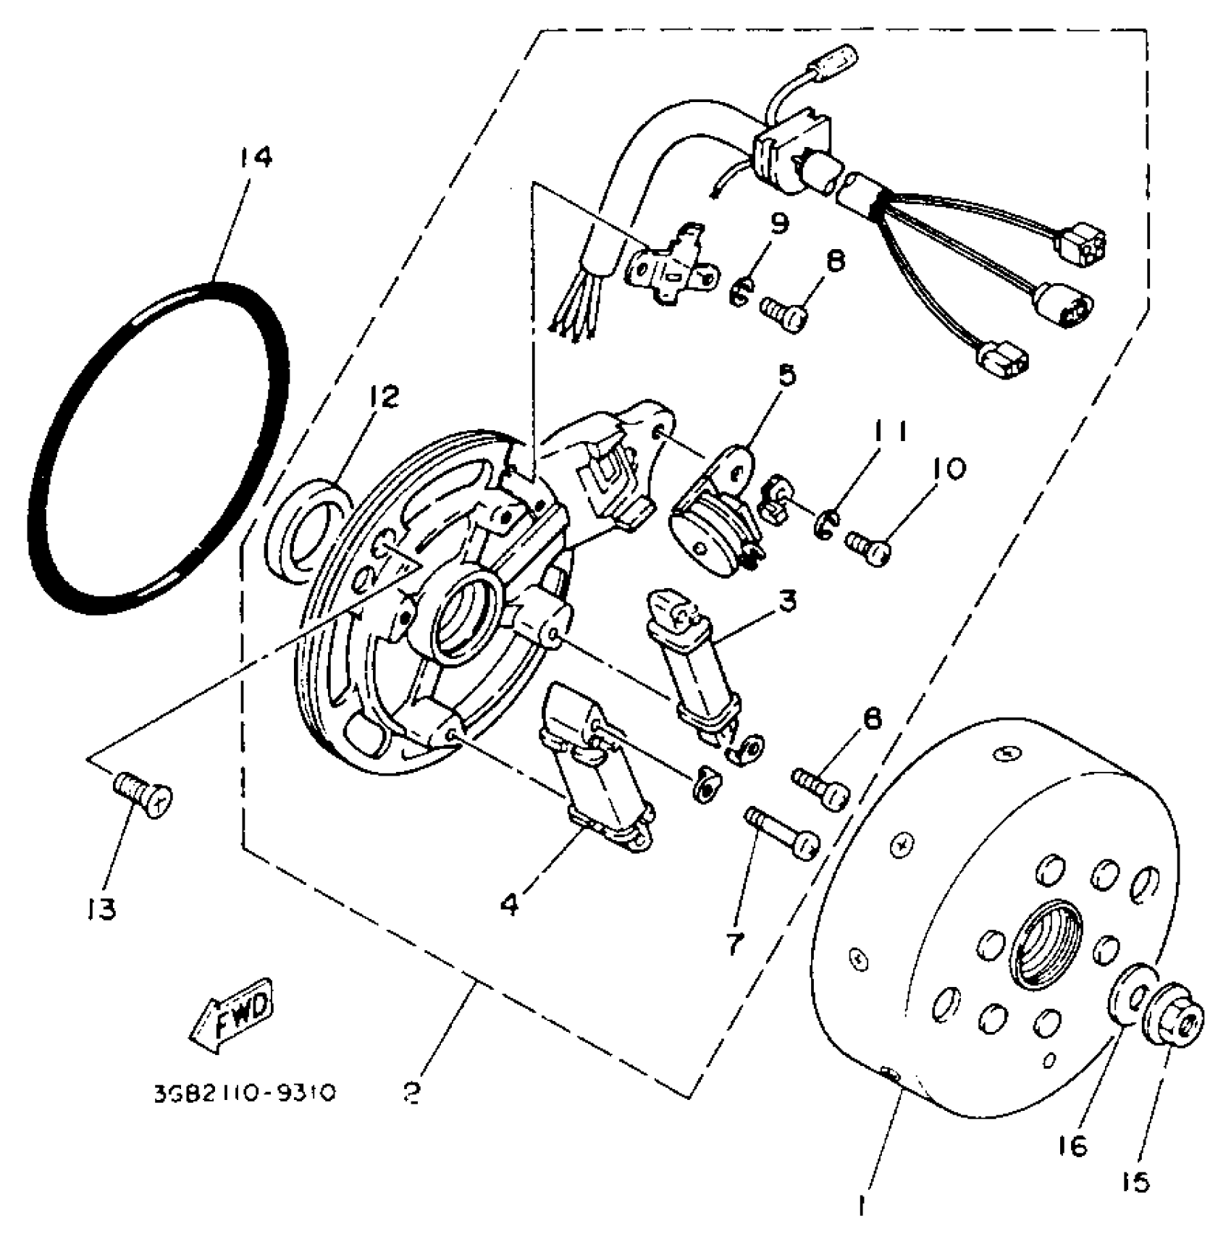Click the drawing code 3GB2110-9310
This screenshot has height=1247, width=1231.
pos(245,1092)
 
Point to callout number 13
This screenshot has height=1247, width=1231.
pos(99,909)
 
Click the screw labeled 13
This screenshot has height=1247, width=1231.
pos(145,797)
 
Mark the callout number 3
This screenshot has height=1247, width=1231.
pos(788,601)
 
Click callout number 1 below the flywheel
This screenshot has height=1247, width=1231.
pos(861,1206)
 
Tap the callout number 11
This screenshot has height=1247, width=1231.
pos(890,432)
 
